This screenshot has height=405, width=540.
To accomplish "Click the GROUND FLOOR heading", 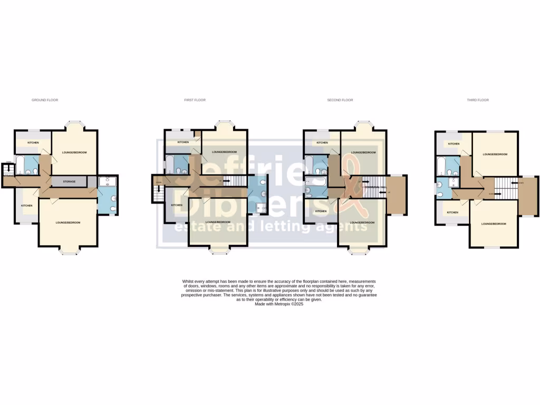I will click(x=44, y=100).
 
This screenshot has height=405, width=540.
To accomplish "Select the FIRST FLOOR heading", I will click(x=195, y=100).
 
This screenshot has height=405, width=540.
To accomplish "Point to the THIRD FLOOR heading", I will click(x=478, y=100).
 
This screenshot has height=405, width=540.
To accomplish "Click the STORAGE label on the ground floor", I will click(x=69, y=182).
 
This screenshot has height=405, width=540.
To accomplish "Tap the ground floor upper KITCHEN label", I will click(x=33, y=142).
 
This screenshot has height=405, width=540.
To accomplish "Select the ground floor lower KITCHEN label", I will click(x=27, y=206).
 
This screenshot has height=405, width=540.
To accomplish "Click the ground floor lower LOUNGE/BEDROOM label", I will click(x=68, y=223).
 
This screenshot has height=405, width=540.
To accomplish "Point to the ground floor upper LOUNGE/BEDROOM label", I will click(x=74, y=152).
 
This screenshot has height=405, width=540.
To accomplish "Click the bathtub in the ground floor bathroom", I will click(x=20, y=165).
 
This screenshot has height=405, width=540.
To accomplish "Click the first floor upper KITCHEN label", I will click(x=183, y=142).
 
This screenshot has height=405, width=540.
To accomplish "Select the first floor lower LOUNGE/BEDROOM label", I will click(x=218, y=222).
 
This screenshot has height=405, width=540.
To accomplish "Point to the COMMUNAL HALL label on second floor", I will click(x=375, y=187).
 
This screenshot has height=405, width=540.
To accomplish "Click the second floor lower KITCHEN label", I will click(x=321, y=211).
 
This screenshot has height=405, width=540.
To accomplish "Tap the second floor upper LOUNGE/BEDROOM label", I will click(x=363, y=152).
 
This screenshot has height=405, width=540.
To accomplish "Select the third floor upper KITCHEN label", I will click(x=453, y=144).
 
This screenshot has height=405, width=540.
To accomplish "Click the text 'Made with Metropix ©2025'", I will click(x=279, y=304).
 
